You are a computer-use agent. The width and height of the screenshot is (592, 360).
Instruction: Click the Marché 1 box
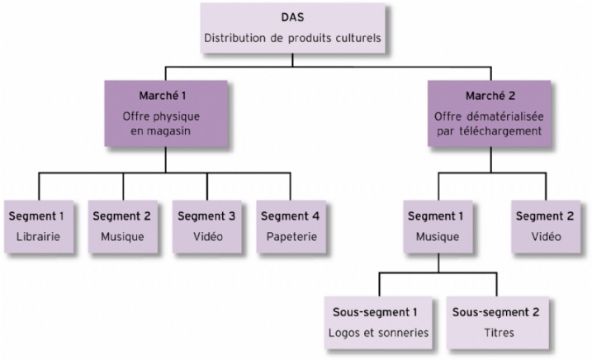pos(165,115)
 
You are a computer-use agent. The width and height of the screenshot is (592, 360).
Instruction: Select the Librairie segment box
pos(38,225)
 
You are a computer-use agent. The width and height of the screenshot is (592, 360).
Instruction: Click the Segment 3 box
pos(208,225)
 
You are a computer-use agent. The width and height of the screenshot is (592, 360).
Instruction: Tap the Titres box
pos(498,323)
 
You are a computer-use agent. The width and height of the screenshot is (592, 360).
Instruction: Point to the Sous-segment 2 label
pos(498,314)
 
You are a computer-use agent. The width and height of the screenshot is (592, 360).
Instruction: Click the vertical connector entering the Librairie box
pos(38,187)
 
